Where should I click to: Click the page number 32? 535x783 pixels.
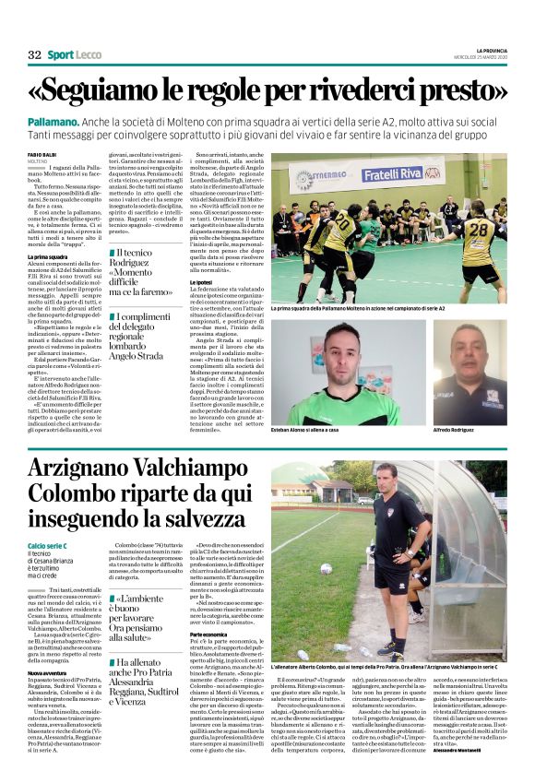tap(34, 55)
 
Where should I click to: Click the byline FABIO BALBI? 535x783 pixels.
tap(42, 154)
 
